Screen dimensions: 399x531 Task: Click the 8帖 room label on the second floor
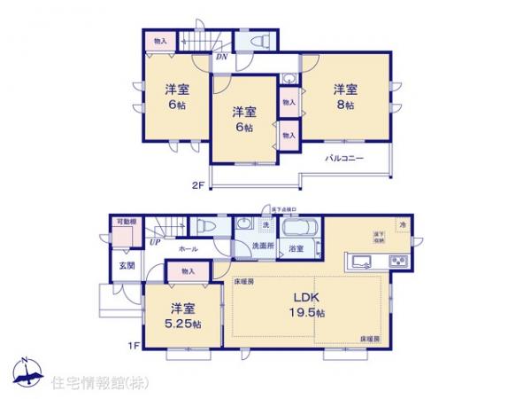tap(345, 97)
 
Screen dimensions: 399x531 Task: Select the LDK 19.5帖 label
tap(304, 305)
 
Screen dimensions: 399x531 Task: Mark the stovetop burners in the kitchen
tap(396, 261)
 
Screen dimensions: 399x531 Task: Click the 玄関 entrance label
tap(127, 265)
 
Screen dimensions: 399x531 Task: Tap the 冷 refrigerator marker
tap(401, 224)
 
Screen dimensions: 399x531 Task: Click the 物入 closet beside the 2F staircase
tap(160, 42)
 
